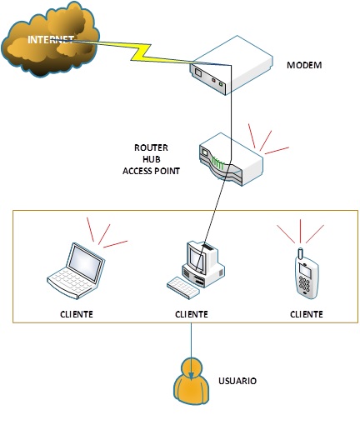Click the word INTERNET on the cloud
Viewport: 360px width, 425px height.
pyautogui.click(x=51, y=40)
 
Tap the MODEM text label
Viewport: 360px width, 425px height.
pyautogui.click(x=304, y=65)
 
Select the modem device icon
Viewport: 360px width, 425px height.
pyautogui.click(x=231, y=66)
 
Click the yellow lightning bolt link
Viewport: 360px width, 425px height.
pyautogui.click(x=139, y=52)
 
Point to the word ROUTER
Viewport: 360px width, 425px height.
pyautogui.click(x=151, y=147)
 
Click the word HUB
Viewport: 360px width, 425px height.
pyautogui.click(x=152, y=159)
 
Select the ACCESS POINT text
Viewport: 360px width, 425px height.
pyautogui.click(x=152, y=171)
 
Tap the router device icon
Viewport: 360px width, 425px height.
pyautogui.click(x=231, y=159)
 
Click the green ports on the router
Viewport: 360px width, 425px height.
pyautogui.click(x=217, y=163)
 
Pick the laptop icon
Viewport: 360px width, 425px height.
pyautogui.click(x=76, y=271)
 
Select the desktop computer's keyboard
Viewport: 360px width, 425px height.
pyautogui.click(x=182, y=287)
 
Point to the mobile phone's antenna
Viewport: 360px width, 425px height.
pyautogui.click(x=300, y=253)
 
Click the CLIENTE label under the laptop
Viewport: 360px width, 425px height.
pyautogui.click(x=77, y=314)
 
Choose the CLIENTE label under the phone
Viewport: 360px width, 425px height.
pyautogui.click(x=307, y=314)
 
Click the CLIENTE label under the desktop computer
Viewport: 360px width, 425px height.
pyautogui.click(x=192, y=314)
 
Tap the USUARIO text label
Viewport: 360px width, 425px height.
pyautogui.click(x=237, y=381)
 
